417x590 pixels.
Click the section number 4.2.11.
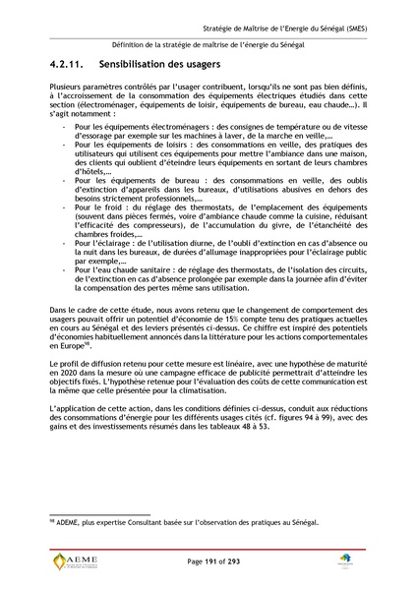click(x=68, y=65)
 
